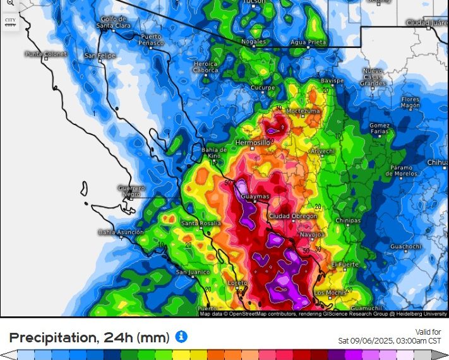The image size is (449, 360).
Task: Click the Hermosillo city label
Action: click(253, 143)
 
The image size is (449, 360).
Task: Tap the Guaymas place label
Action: click(255, 196)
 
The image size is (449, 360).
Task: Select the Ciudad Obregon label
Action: click(293, 216)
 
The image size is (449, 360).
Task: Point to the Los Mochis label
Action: click(328, 292)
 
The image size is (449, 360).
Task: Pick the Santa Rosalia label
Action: click(201, 224)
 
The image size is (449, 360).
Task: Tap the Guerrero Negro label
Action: click(131, 191)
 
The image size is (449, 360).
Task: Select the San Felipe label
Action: click(100, 56)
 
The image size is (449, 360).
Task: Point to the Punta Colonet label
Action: click(46, 54)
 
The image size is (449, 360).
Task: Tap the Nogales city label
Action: click(253, 42)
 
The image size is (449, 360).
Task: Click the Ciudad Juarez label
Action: click(426, 23)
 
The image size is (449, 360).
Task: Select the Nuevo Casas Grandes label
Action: click(373, 76)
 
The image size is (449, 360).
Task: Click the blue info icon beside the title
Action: click(181, 337)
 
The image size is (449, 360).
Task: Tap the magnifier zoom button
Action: click(10, 4)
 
